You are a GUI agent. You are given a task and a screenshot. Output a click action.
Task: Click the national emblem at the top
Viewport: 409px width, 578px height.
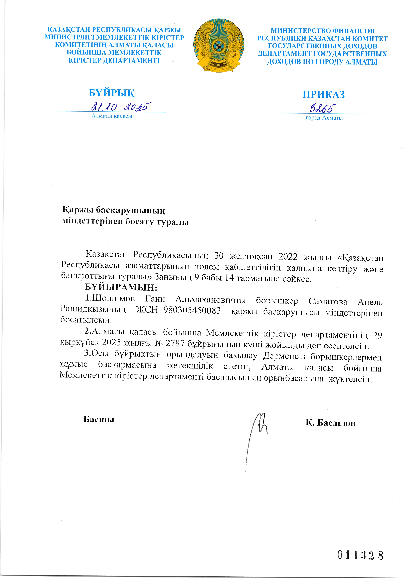(219, 45)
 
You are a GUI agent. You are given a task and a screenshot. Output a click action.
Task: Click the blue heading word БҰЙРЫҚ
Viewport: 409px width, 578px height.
(112, 93)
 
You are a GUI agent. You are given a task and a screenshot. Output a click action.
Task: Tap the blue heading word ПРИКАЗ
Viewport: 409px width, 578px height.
(324, 95)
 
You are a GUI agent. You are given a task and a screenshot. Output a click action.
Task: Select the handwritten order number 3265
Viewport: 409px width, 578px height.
(323, 109)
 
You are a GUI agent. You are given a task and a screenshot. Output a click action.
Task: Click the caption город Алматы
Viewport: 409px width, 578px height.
(324, 118)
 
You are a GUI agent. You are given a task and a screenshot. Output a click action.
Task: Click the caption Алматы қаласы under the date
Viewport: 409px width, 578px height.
(112, 116)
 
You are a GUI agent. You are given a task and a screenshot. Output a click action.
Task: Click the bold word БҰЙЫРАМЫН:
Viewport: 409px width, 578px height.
(121, 287)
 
